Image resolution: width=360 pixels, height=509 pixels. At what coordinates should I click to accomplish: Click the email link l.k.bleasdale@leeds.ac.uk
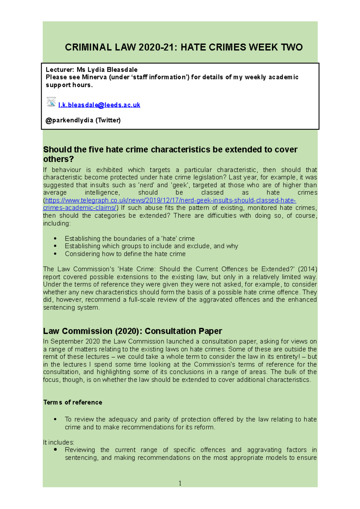click(x=99, y=105)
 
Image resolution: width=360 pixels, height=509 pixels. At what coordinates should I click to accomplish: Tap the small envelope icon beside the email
click(x=51, y=102)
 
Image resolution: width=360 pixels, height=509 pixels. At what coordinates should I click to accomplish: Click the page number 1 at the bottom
click(x=180, y=483)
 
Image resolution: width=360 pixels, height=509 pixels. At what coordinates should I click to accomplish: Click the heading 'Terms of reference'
click(x=73, y=402)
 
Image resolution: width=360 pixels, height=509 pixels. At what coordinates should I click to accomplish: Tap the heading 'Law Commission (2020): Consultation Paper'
click(x=132, y=331)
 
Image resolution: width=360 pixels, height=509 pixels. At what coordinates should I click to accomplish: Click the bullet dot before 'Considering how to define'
click(x=55, y=254)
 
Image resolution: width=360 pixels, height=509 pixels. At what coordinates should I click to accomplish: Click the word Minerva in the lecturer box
click(x=94, y=77)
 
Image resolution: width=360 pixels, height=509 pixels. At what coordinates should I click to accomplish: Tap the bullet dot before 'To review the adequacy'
click(x=55, y=419)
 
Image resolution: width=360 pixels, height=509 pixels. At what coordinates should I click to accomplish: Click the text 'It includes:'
click(x=58, y=442)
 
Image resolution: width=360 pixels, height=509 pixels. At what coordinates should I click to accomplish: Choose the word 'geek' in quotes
click(x=180, y=185)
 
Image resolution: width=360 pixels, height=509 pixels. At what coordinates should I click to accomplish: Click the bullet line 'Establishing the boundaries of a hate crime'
click(x=130, y=239)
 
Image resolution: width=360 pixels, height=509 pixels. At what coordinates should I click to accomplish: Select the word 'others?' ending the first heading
click(x=58, y=159)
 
